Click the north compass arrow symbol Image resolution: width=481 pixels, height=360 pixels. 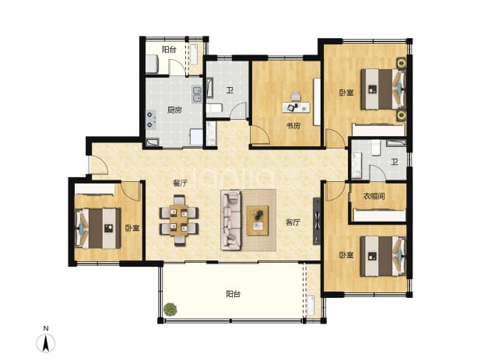[x=46, y=343]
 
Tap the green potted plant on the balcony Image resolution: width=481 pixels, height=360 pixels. [x=170, y=309]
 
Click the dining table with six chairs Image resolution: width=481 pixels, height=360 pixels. [x=179, y=221]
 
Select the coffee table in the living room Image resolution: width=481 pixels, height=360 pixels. [x=258, y=221]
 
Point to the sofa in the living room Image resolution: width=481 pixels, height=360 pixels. [x=230, y=220]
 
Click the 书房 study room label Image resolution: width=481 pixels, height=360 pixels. [x=293, y=126]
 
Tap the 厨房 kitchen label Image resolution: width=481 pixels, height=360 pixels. [x=174, y=110]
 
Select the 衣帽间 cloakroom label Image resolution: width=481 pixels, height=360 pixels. [x=374, y=196]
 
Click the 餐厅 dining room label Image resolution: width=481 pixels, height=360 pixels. [x=180, y=183]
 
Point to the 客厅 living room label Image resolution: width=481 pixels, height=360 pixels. [x=293, y=222]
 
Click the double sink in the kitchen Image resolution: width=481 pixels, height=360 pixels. [x=197, y=94]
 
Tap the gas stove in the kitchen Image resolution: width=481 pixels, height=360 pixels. [x=151, y=120]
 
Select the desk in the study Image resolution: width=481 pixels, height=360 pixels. [x=296, y=107]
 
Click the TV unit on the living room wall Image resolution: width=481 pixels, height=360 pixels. [x=317, y=221]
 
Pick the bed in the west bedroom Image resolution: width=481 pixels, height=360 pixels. [x=97, y=229]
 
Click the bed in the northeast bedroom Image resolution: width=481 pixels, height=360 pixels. [x=384, y=89]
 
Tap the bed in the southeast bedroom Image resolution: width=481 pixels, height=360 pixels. [x=384, y=256]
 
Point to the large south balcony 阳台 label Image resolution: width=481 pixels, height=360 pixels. [x=233, y=294]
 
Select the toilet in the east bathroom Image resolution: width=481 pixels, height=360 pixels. [x=376, y=148]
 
